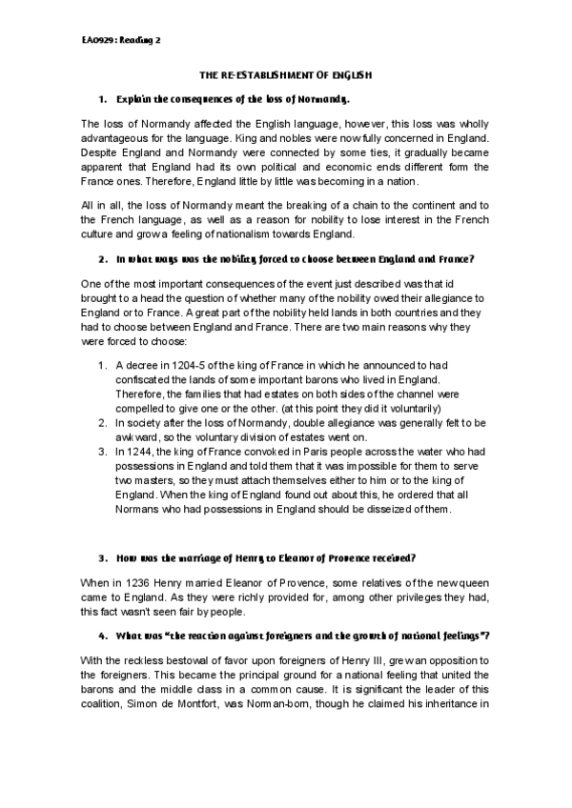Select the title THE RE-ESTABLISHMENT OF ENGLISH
click(x=285, y=74)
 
